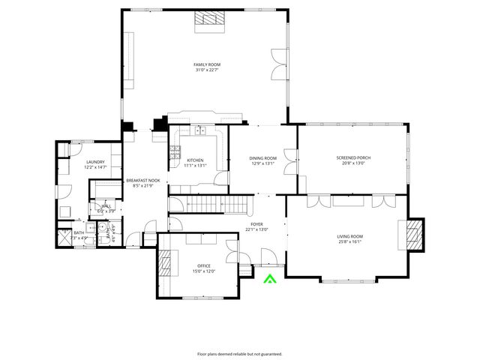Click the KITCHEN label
coord(195,160)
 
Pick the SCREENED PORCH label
coord(353,157)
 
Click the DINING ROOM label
coord(263,157)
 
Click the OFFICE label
coord(204,266)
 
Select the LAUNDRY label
coord(95,162)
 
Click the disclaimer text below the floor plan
coord(240,353)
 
